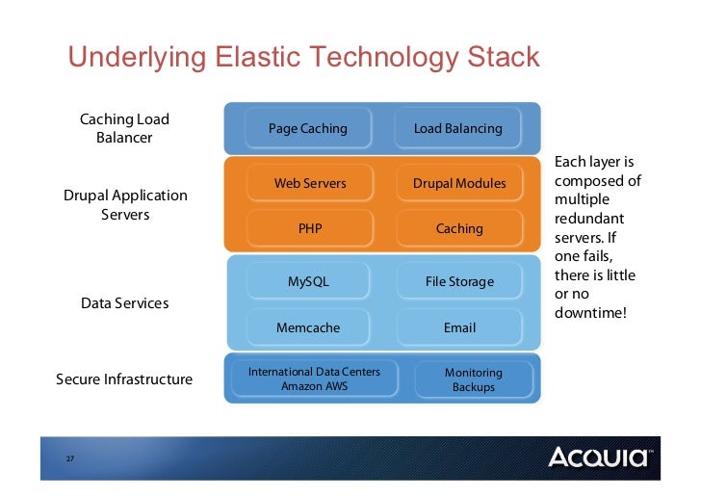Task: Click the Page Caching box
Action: pos(308,128)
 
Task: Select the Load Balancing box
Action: pos(458,128)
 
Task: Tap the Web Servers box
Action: pos(310,183)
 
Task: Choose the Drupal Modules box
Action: pos(459,183)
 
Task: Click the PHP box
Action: pos(310,229)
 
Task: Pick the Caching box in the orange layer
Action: pos(459,229)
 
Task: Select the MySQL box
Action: pos(309,281)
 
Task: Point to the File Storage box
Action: pos(459,281)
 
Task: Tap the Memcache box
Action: pos(308,327)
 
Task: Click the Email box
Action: pos(459,327)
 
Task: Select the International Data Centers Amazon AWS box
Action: pos(314,379)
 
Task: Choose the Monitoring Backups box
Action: pos(473,379)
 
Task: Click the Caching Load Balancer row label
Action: pos(124,128)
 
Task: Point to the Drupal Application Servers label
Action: pos(125,204)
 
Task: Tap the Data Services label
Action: pos(124,303)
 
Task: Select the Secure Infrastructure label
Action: pos(124,379)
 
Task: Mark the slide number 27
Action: pos(70,457)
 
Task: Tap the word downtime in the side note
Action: pos(587,312)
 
